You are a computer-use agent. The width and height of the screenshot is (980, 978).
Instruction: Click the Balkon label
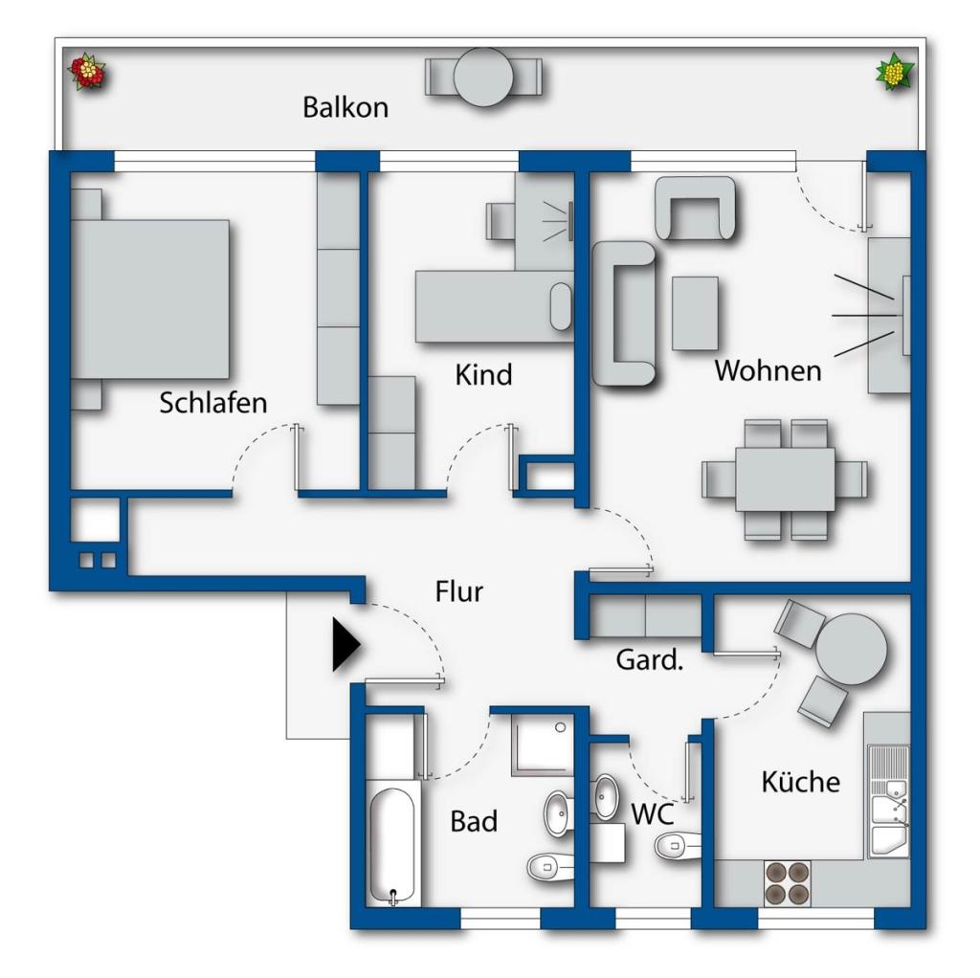(345, 107)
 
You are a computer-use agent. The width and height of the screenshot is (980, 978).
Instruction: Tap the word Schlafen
(213, 403)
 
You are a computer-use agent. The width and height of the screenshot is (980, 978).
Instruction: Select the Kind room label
(483, 374)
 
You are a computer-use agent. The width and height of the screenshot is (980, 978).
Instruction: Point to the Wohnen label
(768, 370)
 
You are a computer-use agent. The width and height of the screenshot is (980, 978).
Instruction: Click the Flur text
(459, 592)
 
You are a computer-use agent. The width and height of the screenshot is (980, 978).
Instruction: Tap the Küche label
(800, 782)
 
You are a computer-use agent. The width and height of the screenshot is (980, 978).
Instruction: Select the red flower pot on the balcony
(87, 72)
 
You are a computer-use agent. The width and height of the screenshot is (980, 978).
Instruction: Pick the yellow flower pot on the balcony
(895, 72)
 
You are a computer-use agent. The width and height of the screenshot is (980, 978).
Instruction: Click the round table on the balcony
(484, 77)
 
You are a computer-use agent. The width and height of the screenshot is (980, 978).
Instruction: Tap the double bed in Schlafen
(153, 299)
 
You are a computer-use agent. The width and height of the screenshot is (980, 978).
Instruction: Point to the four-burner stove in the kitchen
(787, 883)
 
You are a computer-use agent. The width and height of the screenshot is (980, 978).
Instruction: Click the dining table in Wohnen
(785, 478)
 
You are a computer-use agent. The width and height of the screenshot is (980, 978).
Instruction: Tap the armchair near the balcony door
(697, 208)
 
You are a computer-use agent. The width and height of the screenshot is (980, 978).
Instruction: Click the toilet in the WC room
(679, 843)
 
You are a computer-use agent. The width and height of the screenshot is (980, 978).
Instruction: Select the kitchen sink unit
(889, 805)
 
